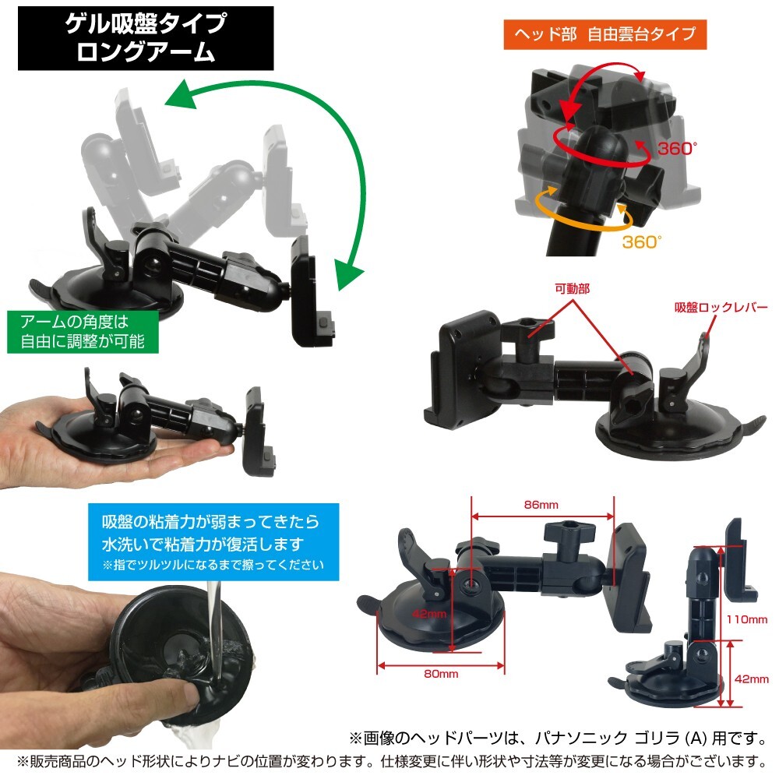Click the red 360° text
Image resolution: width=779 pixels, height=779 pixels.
click(675, 148)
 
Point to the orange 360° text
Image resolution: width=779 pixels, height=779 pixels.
click(641, 241)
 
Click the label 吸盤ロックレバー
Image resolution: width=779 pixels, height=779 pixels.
click(721, 306)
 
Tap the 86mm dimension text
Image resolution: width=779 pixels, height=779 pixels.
click(542, 505)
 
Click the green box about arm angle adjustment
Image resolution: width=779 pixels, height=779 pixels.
click(85, 331)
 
